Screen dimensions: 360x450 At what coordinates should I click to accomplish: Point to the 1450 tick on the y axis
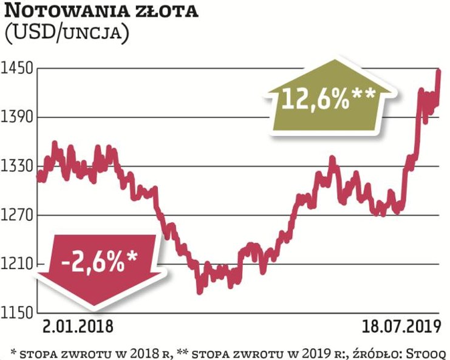(x=18, y=68)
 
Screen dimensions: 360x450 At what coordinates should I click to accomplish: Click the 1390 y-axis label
(x=18, y=117)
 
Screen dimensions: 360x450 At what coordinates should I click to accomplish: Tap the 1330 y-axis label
(x=18, y=166)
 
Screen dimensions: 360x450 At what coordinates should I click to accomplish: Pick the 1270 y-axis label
(x=18, y=215)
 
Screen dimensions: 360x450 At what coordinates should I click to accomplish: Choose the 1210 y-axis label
(x=18, y=264)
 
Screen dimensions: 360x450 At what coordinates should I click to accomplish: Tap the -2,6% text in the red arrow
(x=99, y=262)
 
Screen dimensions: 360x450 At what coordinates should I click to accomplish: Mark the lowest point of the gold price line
(x=199, y=291)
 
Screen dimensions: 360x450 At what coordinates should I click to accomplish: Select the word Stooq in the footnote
(x=428, y=351)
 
